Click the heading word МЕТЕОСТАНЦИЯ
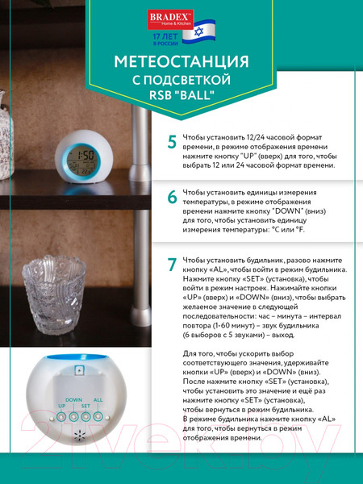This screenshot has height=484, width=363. point(181,62)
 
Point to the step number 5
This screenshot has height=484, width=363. point(171,143)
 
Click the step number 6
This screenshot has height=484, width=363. point(171,198)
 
